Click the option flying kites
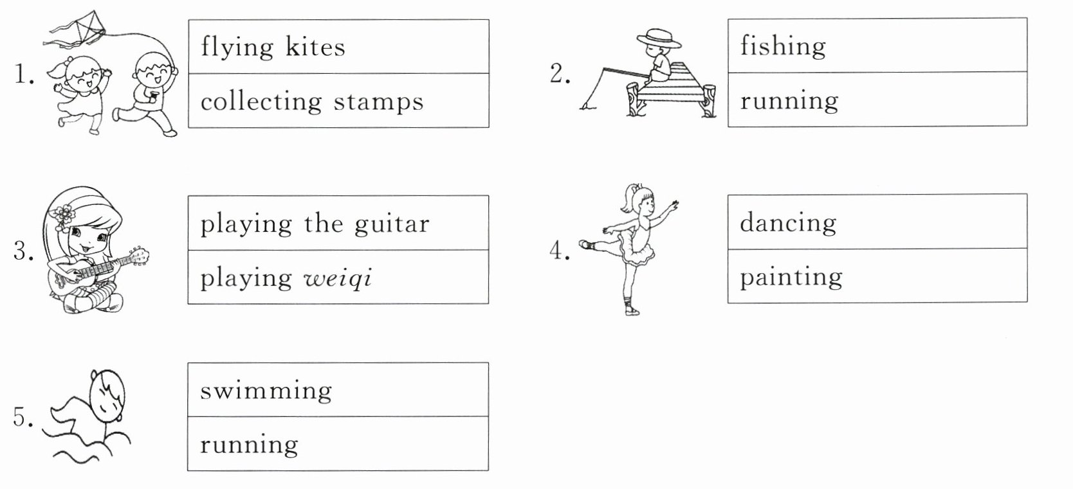pos(273,47)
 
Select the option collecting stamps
pos(312,102)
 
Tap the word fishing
pos(782,46)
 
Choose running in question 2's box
pos(789,100)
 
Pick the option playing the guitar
pos(314,224)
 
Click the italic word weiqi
pos(337,278)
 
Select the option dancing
pos(787,222)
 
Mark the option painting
pos(791,277)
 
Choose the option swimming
pos(266,391)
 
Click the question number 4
pos(560,251)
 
